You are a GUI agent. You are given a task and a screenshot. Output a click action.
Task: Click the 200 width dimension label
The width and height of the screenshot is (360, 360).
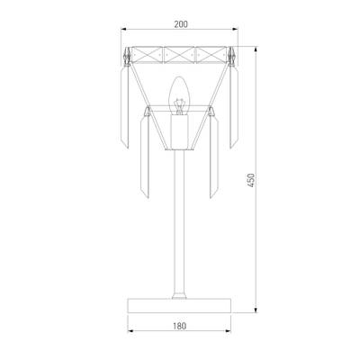click(x=181, y=24)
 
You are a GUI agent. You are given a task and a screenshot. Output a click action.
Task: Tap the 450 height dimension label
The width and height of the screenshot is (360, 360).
click(x=251, y=180)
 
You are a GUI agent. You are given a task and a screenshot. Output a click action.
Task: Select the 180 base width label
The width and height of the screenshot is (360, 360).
click(x=180, y=326)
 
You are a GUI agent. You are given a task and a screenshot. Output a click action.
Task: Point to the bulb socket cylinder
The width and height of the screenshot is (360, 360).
click(x=179, y=131)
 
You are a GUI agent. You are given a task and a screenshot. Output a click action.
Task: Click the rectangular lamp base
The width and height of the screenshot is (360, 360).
click(x=179, y=305)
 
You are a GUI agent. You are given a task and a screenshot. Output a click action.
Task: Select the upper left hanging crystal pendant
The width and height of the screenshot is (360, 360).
click(x=124, y=107)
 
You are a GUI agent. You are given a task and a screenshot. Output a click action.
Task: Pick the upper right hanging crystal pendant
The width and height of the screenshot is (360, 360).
click(x=234, y=107)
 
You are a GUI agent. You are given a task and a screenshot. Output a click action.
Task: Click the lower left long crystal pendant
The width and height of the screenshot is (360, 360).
click(x=145, y=157)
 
